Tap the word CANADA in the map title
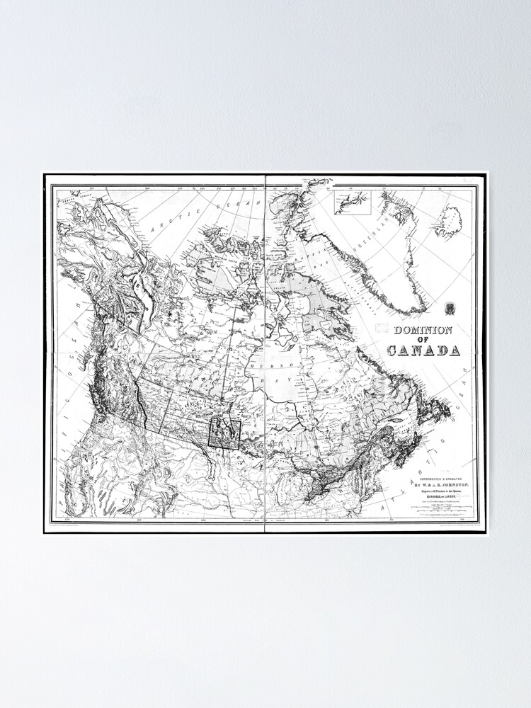click(x=423, y=350)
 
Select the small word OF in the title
click(x=423, y=340)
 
